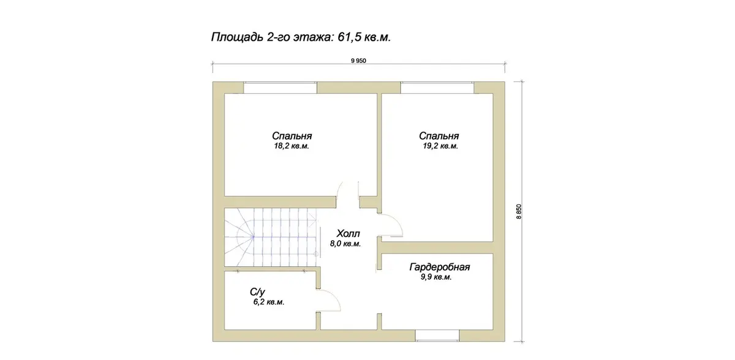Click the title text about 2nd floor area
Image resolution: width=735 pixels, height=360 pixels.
301,37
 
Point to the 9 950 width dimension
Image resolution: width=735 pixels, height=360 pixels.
358,61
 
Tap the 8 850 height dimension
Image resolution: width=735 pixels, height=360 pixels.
519,211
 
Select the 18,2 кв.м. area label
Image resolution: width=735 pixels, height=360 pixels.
292,146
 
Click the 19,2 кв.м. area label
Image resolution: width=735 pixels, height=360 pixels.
440,146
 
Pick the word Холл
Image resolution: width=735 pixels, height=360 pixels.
348,233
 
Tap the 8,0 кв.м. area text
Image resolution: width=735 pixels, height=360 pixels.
345,244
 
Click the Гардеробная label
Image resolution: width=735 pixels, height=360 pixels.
439,267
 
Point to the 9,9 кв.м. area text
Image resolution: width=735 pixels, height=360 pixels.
436,277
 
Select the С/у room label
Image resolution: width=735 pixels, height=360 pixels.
257,292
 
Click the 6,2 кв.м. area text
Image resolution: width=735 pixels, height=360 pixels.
268,302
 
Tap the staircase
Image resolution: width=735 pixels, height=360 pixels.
271,238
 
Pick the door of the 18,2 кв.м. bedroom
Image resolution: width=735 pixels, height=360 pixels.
348,190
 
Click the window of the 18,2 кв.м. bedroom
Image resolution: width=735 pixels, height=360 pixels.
280,88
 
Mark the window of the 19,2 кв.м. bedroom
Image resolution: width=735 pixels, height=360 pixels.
437,88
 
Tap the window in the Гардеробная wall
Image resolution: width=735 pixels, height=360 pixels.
437,336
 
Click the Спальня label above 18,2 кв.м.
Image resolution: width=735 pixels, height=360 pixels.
292,136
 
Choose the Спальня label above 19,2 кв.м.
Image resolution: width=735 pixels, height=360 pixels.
439,136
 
